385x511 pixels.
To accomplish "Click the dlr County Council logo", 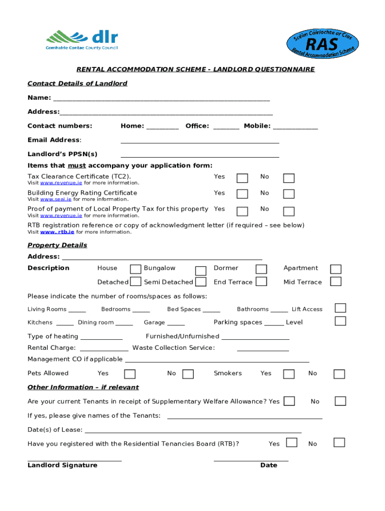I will pyautogui.click(x=82, y=40).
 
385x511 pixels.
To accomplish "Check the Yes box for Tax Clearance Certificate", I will pyautogui.click(x=242, y=178).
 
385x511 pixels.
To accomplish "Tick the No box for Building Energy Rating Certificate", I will pyautogui.click(x=288, y=195).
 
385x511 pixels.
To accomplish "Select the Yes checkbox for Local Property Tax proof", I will pyautogui.click(x=242, y=211).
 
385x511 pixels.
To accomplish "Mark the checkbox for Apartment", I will pyautogui.click(x=336, y=269).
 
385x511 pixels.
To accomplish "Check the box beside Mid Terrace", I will pyautogui.click(x=336, y=281).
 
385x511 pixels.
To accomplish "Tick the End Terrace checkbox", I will pyautogui.click(x=261, y=281).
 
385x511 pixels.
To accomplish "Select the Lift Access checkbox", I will pyautogui.click(x=340, y=308).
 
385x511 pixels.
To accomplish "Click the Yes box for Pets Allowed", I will pyautogui.click(x=129, y=374).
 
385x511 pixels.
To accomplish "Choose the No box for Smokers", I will pyautogui.click(x=339, y=374).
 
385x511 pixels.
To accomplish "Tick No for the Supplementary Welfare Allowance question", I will pyautogui.click(x=340, y=401).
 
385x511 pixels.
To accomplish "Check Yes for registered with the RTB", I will pyautogui.click(x=291, y=443).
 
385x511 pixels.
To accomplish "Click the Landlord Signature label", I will pyautogui.click(x=62, y=465).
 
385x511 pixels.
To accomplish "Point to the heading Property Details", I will pyautogui.click(x=57, y=245).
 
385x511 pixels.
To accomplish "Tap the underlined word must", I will pyautogui.click(x=76, y=165).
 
